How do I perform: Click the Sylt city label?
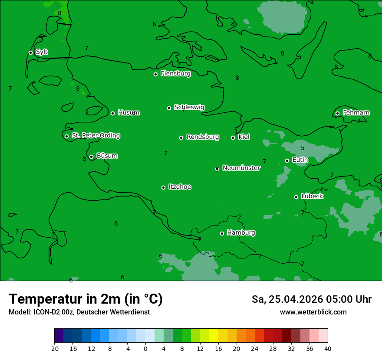pyautogui.click(x=42, y=52)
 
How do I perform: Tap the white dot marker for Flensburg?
pyautogui.click(x=155, y=74)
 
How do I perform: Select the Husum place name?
pyautogui.click(x=128, y=113)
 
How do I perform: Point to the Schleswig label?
pyautogui.click(x=189, y=107)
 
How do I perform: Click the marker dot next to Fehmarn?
pyautogui.click(x=337, y=113)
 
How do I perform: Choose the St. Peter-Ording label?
pyautogui.click(x=96, y=136)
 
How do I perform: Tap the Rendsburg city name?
pyautogui.click(x=203, y=137)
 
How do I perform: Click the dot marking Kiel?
pyautogui.click(x=233, y=137)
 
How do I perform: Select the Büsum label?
pyautogui.click(x=107, y=156)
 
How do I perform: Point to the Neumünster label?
pyautogui.click(x=241, y=168)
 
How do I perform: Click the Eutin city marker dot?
pyautogui.click(x=287, y=160)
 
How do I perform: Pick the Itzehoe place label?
pyautogui.click(x=180, y=187)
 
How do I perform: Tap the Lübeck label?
pyautogui.click(x=312, y=196)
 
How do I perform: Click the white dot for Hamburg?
pyautogui.click(x=222, y=233)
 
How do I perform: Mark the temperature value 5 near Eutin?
pyautogui.click(x=303, y=148)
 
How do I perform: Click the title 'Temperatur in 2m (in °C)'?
pyautogui.click(x=86, y=299)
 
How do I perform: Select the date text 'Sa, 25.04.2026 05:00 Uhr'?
pyautogui.click(x=311, y=299)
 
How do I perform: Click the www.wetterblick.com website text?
pyautogui.click(x=313, y=312)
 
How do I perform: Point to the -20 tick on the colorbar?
pyautogui.click(x=54, y=348)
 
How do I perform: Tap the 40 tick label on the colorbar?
pyautogui.click(x=328, y=348)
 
